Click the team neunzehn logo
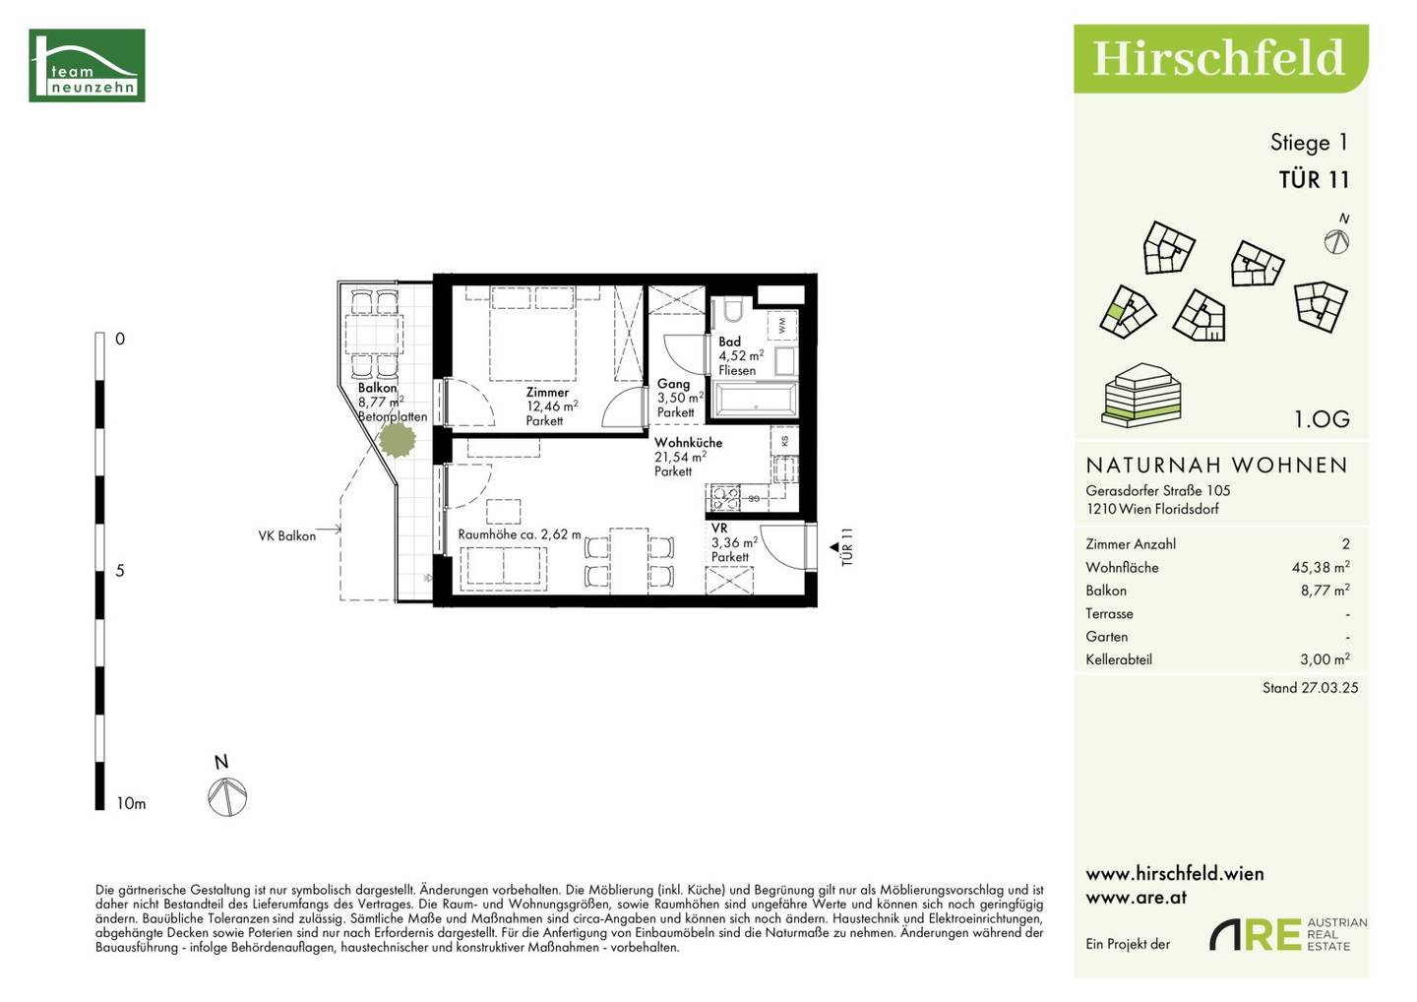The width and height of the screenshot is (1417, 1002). pyautogui.click(x=88, y=65)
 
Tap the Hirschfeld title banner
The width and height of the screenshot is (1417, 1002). pyautogui.click(x=1221, y=59)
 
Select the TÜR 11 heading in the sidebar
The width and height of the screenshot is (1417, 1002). pyautogui.click(x=1314, y=180)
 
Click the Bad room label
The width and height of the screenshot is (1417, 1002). pyautogui.click(x=729, y=342)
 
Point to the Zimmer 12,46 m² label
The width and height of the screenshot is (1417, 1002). pyautogui.click(x=551, y=407)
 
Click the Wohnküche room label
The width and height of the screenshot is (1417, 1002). pyautogui.click(x=688, y=442)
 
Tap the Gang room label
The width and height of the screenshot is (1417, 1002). pyautogui.click(x=673, y=383)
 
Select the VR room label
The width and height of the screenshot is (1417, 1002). pyautogui.click(x=719, y=528)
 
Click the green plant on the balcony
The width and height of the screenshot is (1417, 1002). pyautogui.click(x=398, y=440)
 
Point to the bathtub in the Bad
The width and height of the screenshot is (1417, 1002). pyautogui.click(x=756, y=400)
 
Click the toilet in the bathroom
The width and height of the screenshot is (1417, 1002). pyautogui.click(x=733, y=311)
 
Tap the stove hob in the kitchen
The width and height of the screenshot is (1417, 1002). pyautogui.click(x=723, y=497)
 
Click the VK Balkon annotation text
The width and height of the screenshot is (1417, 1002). pyautogui.click(x=286, y=535)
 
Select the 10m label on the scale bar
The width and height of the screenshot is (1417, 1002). pyautogui.click(x=131, y=803)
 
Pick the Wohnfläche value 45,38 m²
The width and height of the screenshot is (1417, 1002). pyautogui.click(x=1321, y=567)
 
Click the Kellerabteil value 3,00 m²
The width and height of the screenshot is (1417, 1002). pyautogui.click(x=1325, y=658)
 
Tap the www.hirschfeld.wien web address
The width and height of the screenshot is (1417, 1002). pyautogui.click(x=1175, y=874)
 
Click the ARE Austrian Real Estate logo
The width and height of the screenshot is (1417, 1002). pyautogui.click(x=1288, y=934)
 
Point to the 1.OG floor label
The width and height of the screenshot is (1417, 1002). pyautogui.click(x=1323, y=418)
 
